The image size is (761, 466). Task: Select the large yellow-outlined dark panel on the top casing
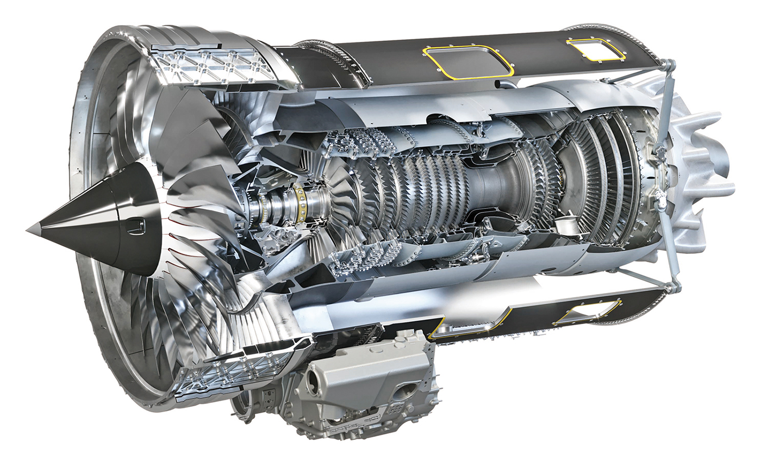[x=467, y=61]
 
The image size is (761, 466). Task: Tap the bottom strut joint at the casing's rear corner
[x=675, y=286]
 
